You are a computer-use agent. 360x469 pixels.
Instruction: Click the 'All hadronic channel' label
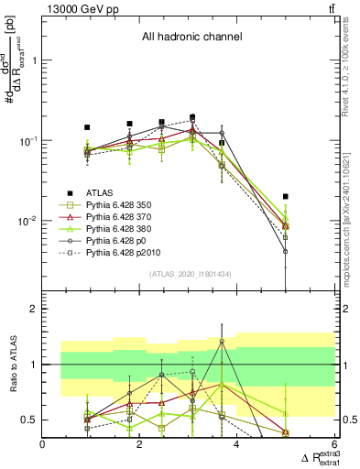click(191, 37)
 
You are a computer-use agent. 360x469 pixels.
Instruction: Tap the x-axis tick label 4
click(237, 445)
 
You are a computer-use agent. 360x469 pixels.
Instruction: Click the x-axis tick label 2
click(140, 445)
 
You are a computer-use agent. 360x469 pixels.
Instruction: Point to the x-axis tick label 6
click(333, 445)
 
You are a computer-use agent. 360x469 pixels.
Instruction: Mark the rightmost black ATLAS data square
click(286, 196)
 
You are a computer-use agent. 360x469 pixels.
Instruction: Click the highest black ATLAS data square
click(192, 117)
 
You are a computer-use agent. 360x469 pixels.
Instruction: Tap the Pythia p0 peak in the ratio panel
click(222, 342)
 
